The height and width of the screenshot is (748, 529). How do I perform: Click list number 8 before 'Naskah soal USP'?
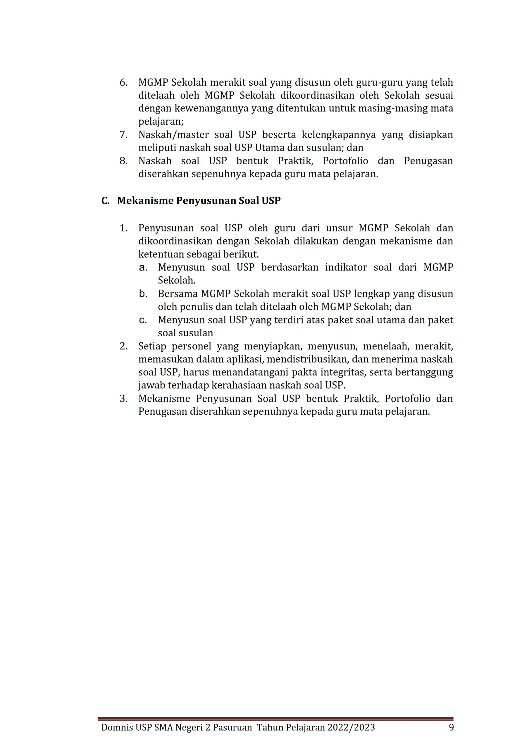123,161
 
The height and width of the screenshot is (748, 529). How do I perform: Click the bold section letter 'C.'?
105,201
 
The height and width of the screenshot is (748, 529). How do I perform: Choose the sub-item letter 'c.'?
143,320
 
